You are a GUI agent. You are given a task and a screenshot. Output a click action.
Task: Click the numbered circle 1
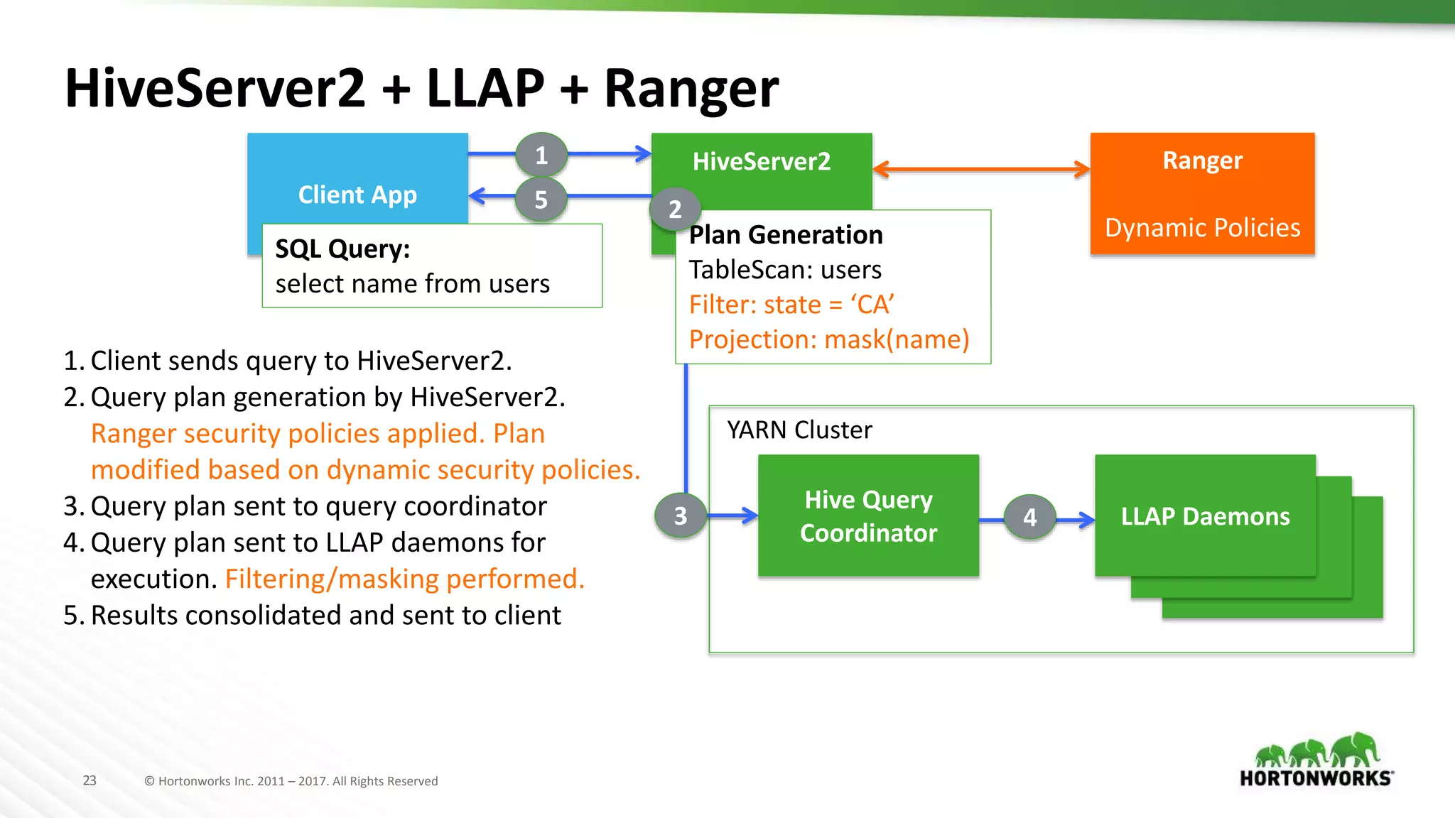point(541,155)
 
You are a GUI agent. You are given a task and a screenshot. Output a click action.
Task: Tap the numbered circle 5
point(541,200)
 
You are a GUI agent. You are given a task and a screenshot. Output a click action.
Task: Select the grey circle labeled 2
point(675,209)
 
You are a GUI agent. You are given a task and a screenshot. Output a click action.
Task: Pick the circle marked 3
point(681,516)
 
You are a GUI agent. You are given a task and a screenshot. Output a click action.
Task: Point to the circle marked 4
point(1029,517)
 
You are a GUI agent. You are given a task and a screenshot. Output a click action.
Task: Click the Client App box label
point(357,195)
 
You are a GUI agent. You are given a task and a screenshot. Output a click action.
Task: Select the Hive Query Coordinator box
point(868,516)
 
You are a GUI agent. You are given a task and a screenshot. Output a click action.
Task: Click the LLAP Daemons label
point(1205,516)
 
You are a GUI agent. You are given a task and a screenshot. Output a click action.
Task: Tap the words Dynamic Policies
point(1202,228)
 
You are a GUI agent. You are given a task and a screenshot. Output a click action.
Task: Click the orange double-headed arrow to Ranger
point(980,169)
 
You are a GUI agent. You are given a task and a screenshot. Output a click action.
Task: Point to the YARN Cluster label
point(799,430)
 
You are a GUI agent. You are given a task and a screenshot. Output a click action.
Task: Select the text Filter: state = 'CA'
point(791,305)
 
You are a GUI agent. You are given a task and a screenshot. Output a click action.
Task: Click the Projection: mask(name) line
point(829,339)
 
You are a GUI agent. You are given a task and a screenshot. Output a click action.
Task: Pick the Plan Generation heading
point(786,235)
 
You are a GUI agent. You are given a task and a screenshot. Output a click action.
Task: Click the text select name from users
point(412,284)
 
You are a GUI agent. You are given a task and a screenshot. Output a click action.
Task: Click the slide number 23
point(90,780)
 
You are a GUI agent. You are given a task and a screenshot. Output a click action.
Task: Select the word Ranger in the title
point(691,89)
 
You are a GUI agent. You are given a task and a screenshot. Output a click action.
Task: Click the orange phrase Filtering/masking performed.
point(405,579)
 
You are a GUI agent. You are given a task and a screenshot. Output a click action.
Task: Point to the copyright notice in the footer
point(291,781)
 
